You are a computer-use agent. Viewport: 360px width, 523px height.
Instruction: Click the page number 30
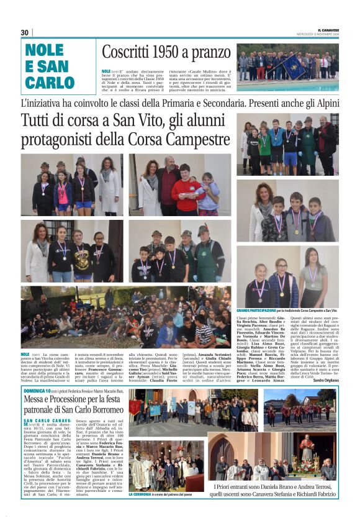point(25,32)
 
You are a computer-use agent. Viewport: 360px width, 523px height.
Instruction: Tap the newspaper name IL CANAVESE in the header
point(328,29)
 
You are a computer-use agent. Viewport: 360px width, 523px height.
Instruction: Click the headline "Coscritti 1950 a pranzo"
point(166,52)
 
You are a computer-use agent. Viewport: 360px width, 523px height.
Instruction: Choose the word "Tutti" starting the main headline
point(39,121)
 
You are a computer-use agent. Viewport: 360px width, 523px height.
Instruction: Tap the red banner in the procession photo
point(134,407)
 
